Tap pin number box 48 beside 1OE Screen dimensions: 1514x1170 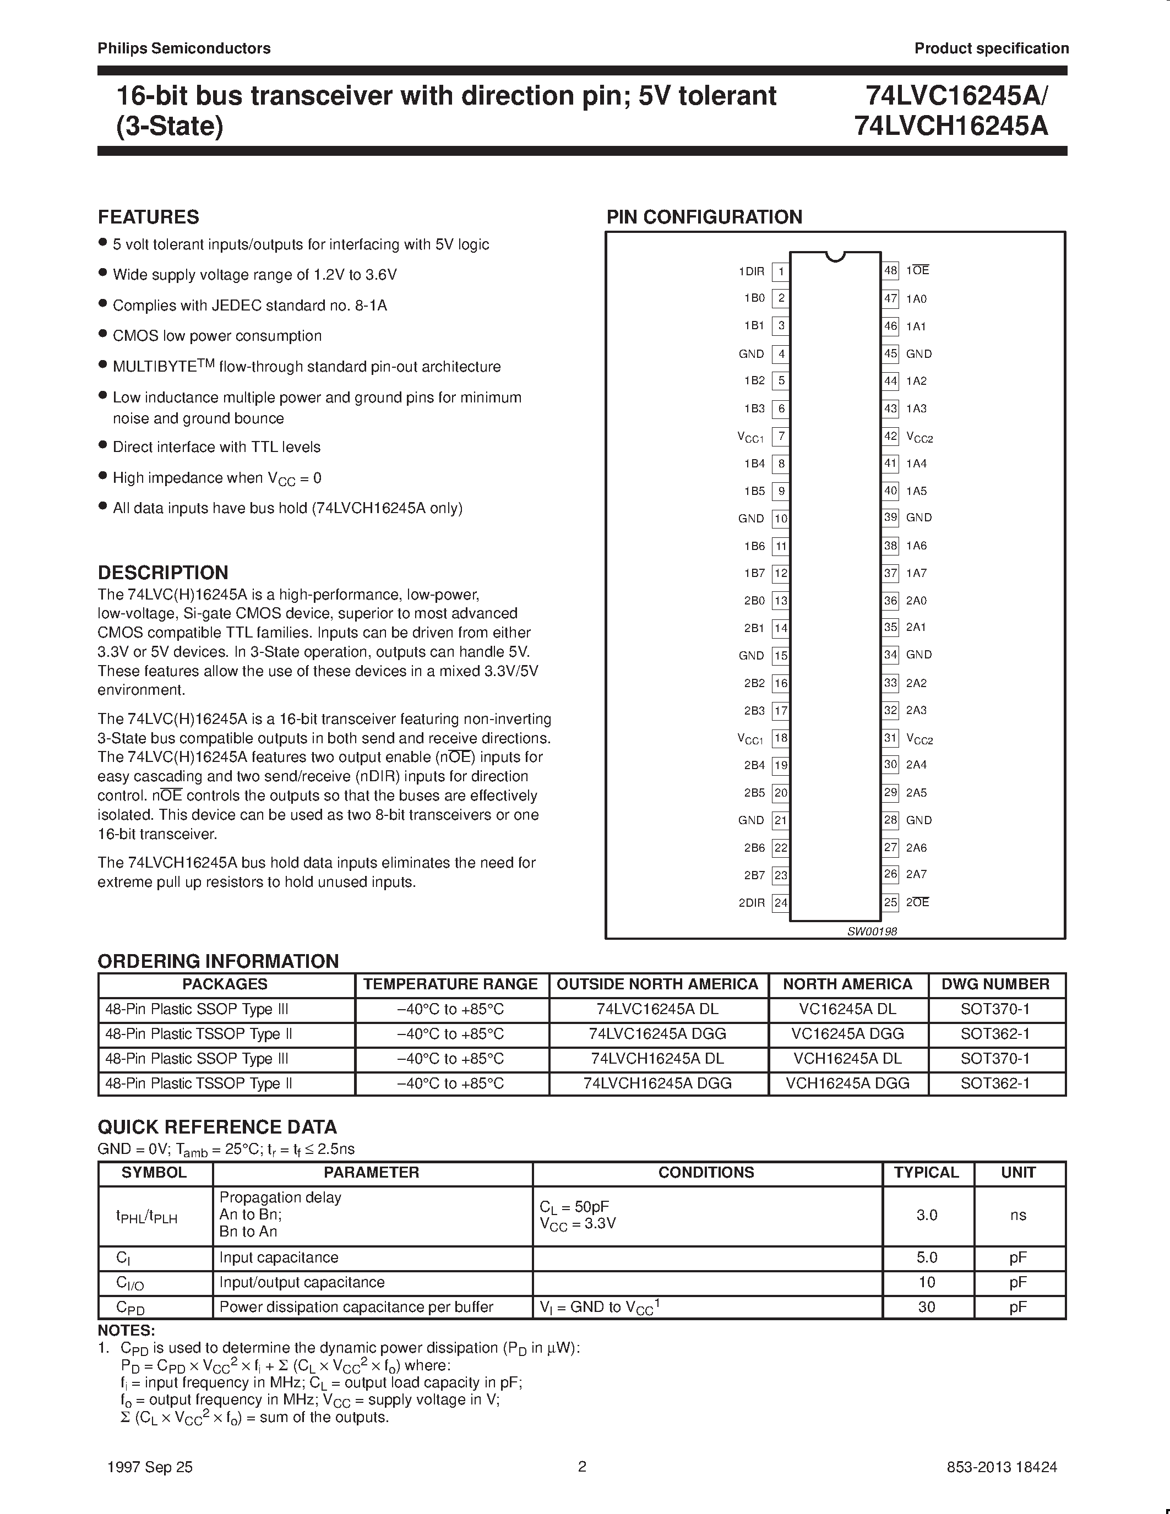coord(890,270)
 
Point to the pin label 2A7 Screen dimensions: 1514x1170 coord(916,874)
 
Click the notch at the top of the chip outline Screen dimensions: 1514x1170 coord(836,257)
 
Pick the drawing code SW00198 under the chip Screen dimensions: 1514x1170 coord(872,931)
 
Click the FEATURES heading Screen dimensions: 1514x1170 coord(148,217)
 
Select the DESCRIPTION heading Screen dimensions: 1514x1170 coord(163,573)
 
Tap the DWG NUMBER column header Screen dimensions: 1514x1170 coord(995,984)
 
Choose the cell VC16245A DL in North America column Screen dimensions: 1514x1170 coord(847,1009)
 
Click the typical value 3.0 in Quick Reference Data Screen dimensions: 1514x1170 coord(927,1215)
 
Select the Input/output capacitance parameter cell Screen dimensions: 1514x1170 coord(302,1282)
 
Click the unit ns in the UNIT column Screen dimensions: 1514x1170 coord(1017,1215)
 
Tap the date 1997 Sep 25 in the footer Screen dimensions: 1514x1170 coord(150,1467)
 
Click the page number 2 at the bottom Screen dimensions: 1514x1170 coord(582,1466)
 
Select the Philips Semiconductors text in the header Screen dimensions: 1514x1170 coord(184,48)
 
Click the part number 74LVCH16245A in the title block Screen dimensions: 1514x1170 coord(951,126)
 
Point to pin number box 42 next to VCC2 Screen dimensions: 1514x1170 coord(890,436)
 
